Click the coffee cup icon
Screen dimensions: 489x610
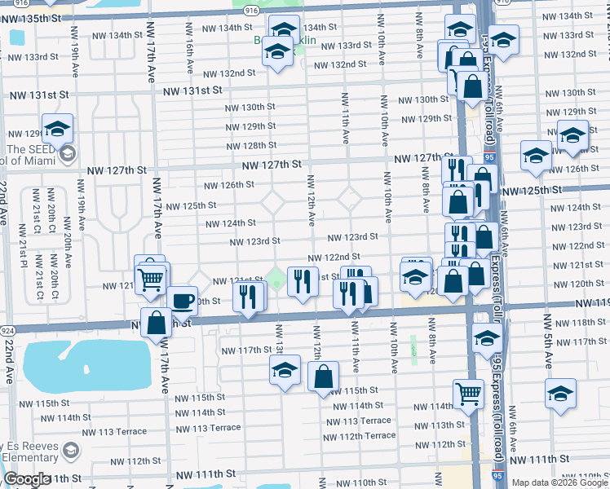(x=183, y=301)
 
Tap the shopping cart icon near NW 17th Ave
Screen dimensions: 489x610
(x=152, y=280)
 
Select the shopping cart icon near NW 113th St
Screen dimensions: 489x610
(x=468, y=394)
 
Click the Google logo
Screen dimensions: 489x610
(x=26, y=478)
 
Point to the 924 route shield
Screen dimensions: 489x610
(x=7, y=331)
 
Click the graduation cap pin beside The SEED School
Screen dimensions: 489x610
(x=58, y=129)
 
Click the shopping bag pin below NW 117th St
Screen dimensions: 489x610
(x=324, y=377)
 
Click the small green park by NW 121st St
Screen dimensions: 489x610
(x=276, y=280)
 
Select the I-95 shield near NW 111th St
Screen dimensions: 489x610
(x=497, y=474)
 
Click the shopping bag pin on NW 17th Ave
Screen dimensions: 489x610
(x=155, y=324)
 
